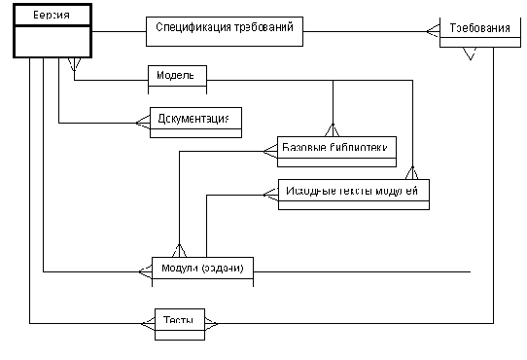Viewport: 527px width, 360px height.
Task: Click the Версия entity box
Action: click(52, 18)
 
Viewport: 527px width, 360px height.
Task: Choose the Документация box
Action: click(193, 119)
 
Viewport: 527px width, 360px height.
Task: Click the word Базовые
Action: click(305, 148)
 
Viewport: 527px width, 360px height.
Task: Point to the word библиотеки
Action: click(364, 148)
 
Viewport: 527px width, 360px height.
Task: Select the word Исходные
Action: click(312, 191)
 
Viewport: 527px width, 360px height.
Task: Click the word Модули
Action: click(179, 268)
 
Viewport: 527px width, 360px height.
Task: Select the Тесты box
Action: click(179, 320)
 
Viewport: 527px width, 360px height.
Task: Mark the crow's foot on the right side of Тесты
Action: click(212, 320)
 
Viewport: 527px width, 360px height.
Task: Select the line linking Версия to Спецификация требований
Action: click(119, 30)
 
